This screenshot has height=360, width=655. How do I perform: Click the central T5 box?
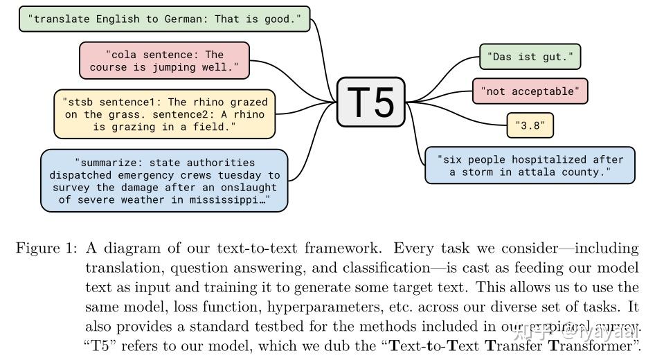pyautogui.click(x=371, y=102)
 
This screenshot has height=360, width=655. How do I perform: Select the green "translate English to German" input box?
pyautogui.click(x=165, y=19)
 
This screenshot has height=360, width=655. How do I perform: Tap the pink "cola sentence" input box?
pyautogui.click(x=164, y=60)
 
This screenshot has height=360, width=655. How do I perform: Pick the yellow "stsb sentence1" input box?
pyautogui.click(x=165, y=114)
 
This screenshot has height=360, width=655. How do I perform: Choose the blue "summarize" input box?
pyautogui.click(x=164, y=181)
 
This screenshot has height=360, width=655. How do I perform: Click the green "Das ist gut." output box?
pyautogui.click(x=530, y=57)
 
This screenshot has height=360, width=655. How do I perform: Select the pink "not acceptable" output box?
pyautogui.click(x=530, y=91)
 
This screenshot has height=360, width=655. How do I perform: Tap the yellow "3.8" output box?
pyautogui.click(x=530, y=125)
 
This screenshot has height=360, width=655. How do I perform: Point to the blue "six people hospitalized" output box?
pyautogui.click(x=530, y=165)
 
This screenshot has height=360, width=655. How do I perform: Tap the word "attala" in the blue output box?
pyautogui.click(x=537, y=172)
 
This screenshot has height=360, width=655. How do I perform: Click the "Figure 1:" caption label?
pyautogui.click(x=46, y=248)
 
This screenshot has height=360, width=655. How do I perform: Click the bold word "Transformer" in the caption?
pyautogui.click(x=594, y=345)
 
